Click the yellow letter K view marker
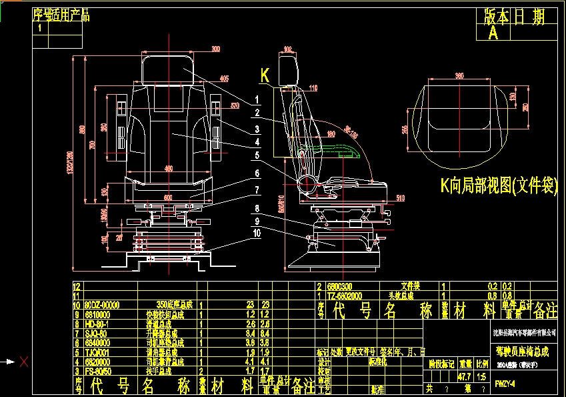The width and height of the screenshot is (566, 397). tap(265, 77)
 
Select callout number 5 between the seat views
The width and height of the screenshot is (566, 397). tap(256, 155)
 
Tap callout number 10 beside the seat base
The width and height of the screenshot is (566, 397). tap(256, 232)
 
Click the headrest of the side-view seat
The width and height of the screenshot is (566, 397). tap(289, 69)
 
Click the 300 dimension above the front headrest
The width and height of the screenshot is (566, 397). tap(215, 49)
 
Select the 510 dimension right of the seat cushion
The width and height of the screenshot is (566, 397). tap(400, 197)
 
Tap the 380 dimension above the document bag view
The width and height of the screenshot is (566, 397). tap(459, 75)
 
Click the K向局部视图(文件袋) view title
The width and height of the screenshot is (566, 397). tap(499, 186)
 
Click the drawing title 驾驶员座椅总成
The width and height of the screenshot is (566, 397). tap(522, 350)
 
